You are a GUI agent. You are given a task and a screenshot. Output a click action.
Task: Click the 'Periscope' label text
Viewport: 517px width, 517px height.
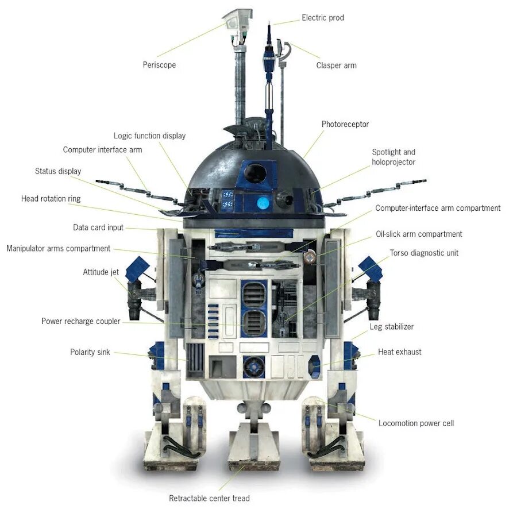coord(159,65)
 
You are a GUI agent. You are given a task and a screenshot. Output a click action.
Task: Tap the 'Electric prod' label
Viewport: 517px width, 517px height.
coord(323,18)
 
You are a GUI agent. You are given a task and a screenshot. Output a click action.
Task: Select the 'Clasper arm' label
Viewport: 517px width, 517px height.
coord(336,65)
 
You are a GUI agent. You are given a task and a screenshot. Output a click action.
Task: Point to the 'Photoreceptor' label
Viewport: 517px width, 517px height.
coord(345,124)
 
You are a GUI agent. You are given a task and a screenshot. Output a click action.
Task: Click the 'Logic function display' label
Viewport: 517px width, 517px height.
coord(149,136)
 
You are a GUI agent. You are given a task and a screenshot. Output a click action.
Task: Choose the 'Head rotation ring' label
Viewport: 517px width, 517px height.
coord(51,199)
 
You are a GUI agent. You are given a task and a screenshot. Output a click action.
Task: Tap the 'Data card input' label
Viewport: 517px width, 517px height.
coord(98,227)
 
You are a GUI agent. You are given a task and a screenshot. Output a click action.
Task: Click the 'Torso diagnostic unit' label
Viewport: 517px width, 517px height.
coord(424,253)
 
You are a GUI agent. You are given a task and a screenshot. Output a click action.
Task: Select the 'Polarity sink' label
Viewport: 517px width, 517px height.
coord(90,352)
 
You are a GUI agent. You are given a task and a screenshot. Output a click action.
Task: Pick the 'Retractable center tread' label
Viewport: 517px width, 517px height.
coord(209,498)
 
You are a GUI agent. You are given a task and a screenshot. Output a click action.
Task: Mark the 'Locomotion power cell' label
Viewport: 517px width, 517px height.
coord(416,423)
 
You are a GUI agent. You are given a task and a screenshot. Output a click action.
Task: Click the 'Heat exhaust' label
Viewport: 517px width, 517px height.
coord(399,352)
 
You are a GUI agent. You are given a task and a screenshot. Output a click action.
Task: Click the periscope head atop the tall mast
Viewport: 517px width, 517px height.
coord(238,21)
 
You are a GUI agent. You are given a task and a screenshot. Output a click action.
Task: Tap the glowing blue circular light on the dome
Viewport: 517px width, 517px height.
coord(263,202)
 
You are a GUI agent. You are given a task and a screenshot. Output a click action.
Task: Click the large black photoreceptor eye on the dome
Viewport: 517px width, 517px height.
coord(255,172)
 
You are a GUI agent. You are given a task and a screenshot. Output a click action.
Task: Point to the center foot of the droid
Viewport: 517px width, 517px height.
coord(253,445)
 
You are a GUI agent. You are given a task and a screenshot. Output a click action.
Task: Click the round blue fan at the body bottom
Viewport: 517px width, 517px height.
coord(253,366)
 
